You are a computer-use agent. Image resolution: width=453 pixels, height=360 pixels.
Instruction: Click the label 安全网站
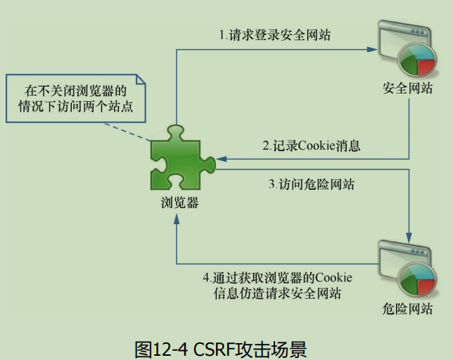point(407,89)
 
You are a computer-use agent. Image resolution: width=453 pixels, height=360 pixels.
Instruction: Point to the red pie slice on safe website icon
point(423,66)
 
